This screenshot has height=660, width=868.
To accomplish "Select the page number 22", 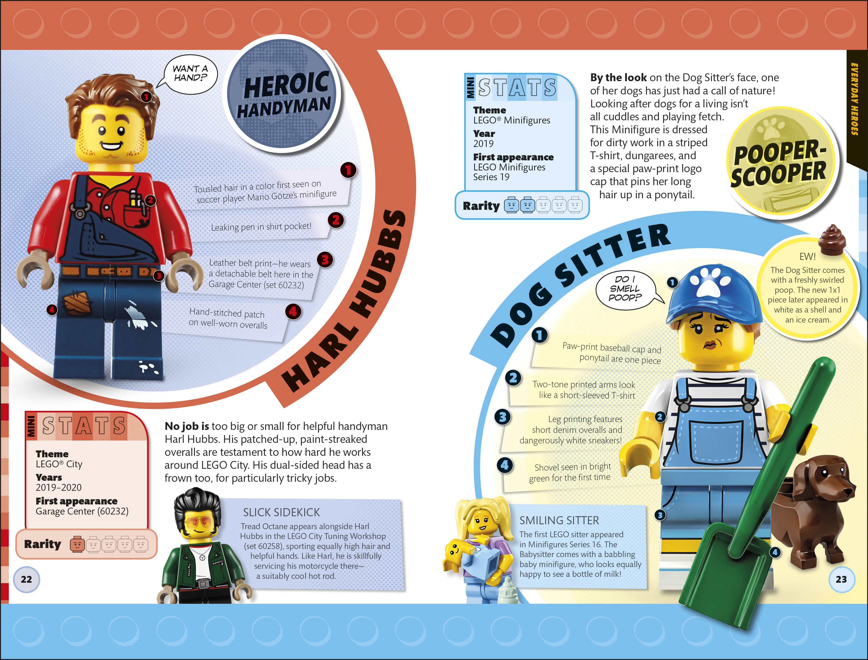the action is (x=26, y=579).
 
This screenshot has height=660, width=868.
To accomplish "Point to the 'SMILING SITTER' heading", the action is (x=559, y=521).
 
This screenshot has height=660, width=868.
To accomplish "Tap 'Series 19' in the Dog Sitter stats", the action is (x=491, y=177).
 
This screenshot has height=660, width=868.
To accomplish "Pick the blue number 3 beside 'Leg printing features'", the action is (x=503, y=417).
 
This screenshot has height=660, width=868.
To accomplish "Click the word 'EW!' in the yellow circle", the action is (x=808, y=257).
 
